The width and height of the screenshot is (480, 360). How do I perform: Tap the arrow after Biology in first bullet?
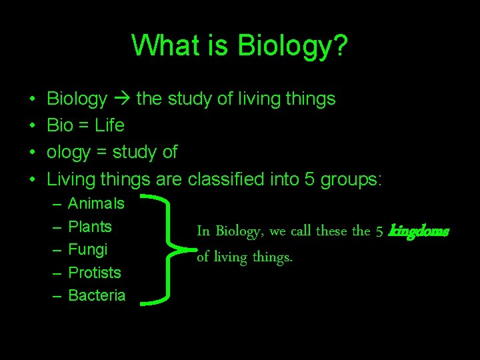pos(121,99)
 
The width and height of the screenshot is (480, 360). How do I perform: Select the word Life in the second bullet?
pos(109,125)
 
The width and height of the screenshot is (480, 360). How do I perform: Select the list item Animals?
pos(97,203)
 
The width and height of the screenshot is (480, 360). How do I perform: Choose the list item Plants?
pos(90,227)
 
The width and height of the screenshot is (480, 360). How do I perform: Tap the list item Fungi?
pos(88,249)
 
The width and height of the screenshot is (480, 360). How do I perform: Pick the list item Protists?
pos(95,273)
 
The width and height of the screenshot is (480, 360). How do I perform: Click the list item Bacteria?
pos(97,295)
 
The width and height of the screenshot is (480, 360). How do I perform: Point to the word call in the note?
pos(301,231)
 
